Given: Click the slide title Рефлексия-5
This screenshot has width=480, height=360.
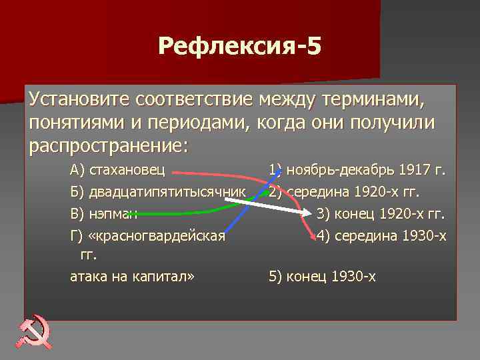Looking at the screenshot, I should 239,47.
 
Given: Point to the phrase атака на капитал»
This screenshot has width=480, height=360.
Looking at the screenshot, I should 132,276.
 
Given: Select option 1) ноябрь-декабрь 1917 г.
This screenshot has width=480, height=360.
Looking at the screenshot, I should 357,170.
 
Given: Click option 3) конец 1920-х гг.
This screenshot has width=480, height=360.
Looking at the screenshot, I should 381,214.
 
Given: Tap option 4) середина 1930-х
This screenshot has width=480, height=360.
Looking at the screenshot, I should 381,235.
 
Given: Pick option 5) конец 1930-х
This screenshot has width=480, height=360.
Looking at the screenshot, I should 322,276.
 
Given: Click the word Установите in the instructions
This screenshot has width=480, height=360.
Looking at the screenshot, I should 80,101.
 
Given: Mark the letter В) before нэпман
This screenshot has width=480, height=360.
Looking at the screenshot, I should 78,214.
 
